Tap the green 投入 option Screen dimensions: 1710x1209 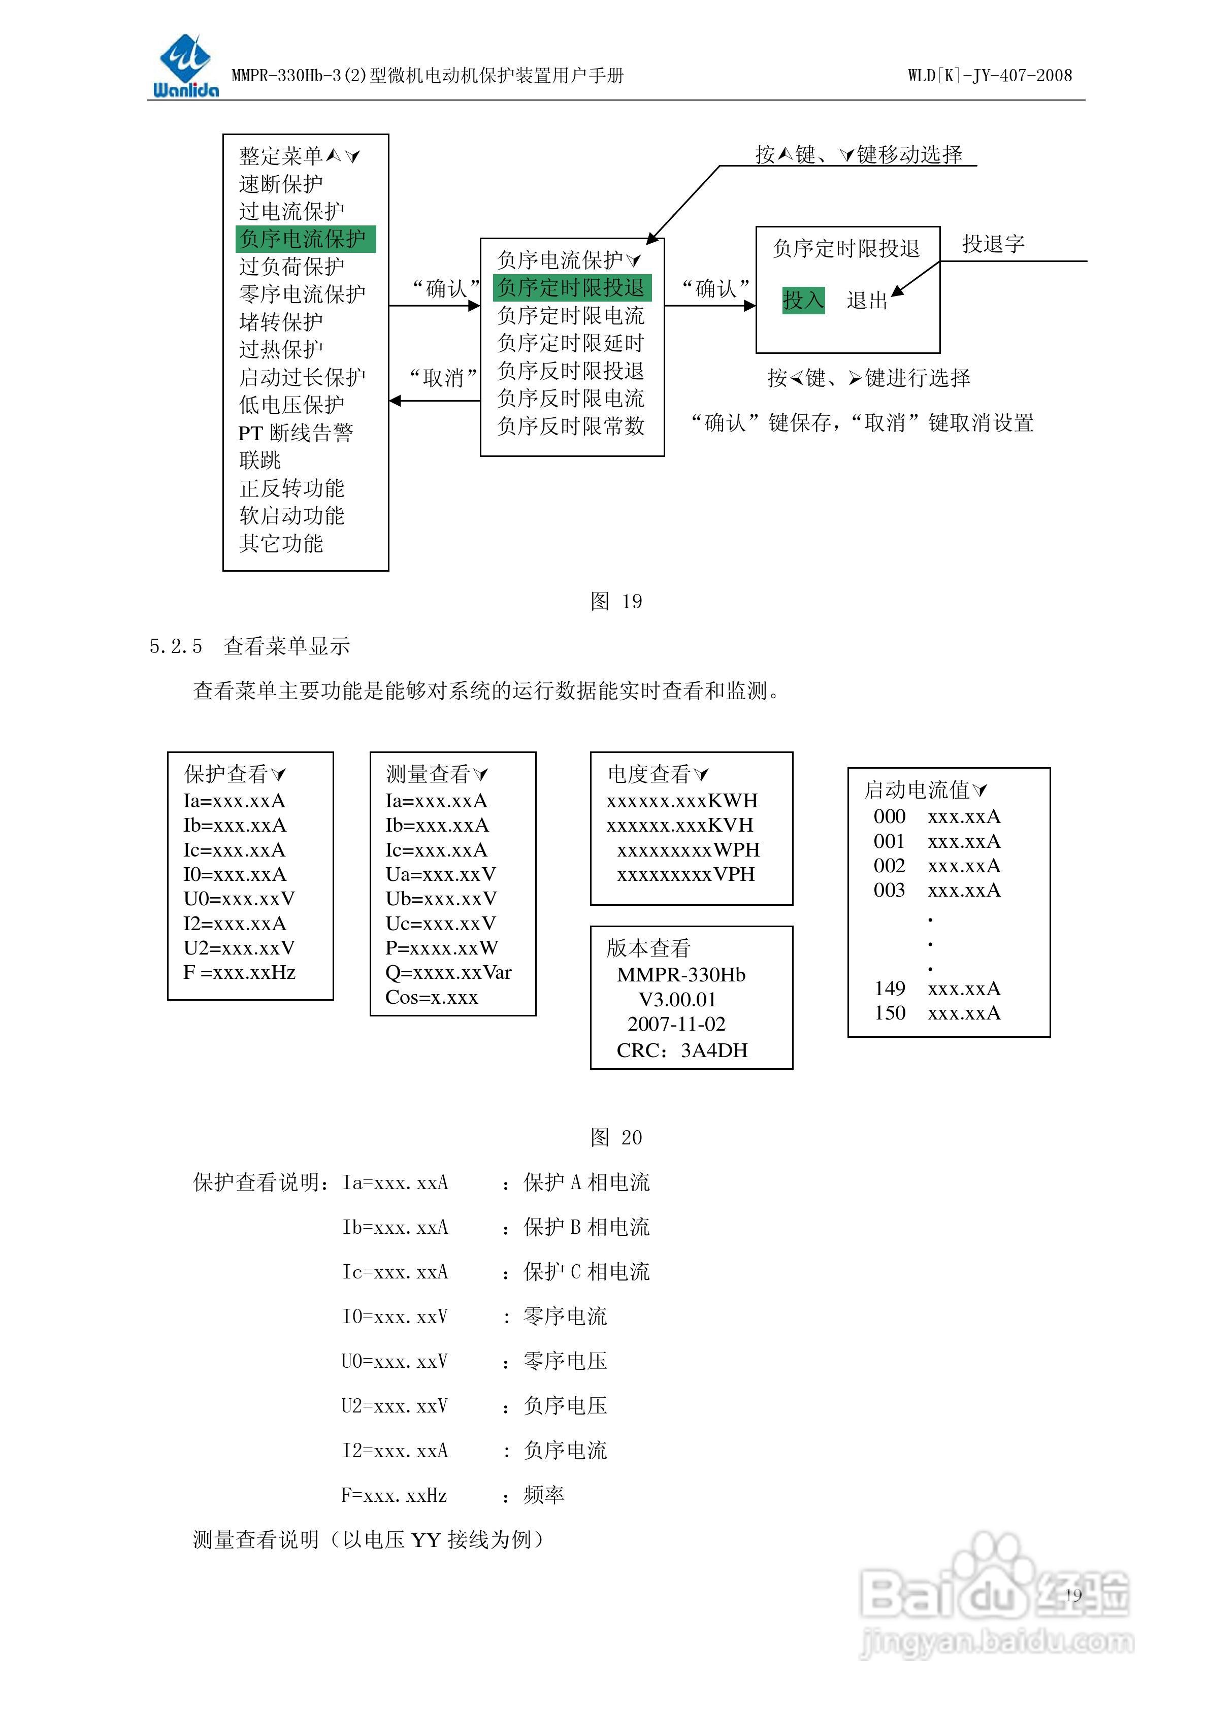pyautogui.click(x=803, y=300)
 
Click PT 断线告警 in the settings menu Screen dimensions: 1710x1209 pyautogui.click(x=296, y=433)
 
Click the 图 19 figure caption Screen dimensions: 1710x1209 pyautogui.click(x=615, y=601)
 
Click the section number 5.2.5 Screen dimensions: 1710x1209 pyautogui.click(x=176, y=646)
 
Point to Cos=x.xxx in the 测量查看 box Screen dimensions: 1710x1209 pyautogui.click(x=431, y=997)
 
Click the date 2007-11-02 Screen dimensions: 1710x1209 pyautogui.click(x=676, y=1024)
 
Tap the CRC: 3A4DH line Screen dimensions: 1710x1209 pyautogui.click(x=681, y=1050)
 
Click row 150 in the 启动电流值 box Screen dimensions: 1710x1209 pyautogui.click(x=937, y=1013)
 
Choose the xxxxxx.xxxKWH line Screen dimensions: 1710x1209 pyautogui.click(x=681, y=801)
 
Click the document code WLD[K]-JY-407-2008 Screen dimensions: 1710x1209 pyautogui.click(x=989, y=75)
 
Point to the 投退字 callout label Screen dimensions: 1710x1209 pyautogui.click(x=993, y=244)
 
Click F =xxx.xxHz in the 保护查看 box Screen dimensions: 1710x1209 pyautogui.click(x=239, y=973)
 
